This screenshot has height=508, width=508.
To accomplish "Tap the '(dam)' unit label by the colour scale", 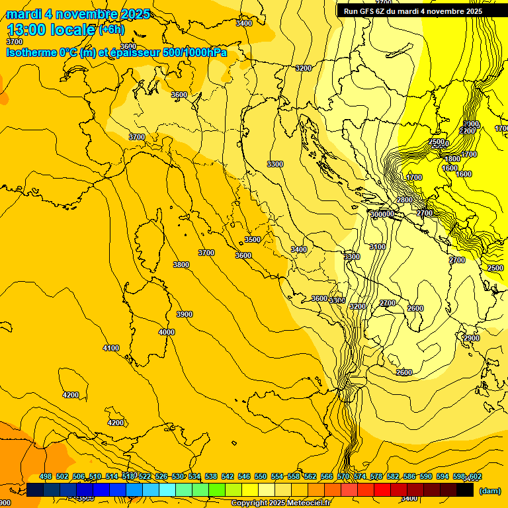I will (489, 491).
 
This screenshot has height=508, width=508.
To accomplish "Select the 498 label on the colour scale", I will (46, 477).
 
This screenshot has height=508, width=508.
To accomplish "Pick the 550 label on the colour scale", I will (261, 477).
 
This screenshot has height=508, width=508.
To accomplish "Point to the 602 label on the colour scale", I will (475, 477).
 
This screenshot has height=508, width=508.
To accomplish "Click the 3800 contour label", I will (181, 265).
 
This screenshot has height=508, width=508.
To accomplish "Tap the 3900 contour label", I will (185, 314).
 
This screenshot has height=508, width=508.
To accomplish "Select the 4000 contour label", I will (167, 332).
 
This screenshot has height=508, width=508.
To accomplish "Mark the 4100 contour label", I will (111, 348).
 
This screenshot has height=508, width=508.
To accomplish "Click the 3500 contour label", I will (252, 239).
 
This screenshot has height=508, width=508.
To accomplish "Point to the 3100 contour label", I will (377, 247).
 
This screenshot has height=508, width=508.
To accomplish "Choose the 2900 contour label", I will (471, 338).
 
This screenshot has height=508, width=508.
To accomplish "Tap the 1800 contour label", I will (452, 159).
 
